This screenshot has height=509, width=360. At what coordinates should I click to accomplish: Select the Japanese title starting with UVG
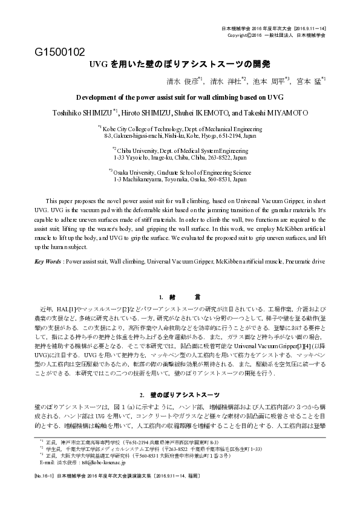tap(180, 64)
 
